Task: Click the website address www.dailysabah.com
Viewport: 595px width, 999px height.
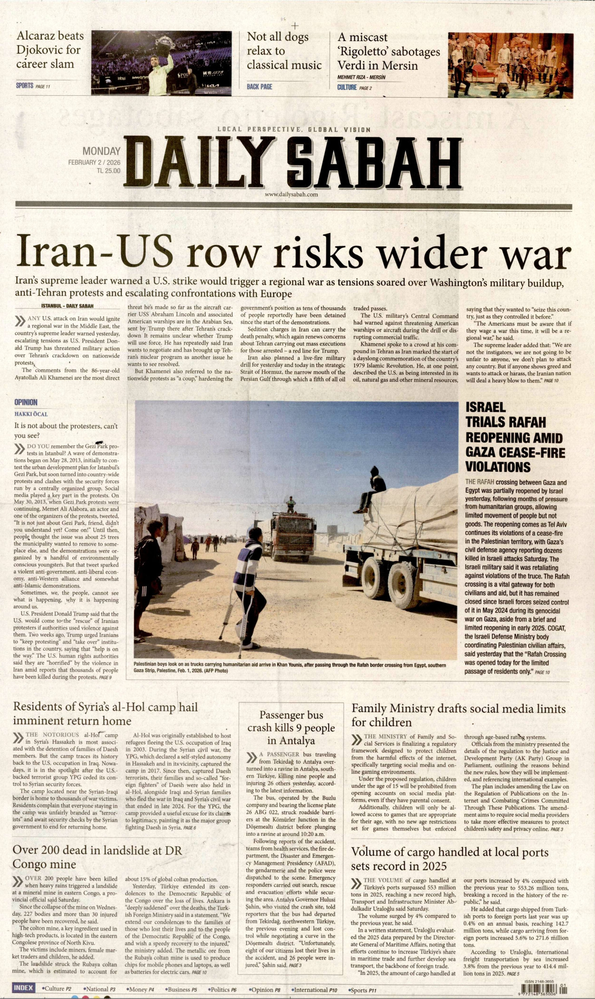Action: click(x=291, y=194)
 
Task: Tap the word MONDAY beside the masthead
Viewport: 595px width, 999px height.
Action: click(x=101, y=151)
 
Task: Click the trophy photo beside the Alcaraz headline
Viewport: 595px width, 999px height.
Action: click(x=161, y=63)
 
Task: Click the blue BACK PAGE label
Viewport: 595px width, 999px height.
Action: click(x=259, y=86)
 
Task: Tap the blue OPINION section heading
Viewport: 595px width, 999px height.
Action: click(x=26, y=403)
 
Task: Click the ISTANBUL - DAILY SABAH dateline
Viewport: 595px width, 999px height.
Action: click(x=67, y=306)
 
